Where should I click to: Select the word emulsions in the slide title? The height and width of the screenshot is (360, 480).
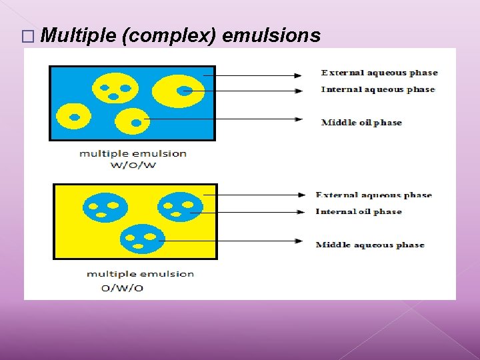click(x=271, y=36)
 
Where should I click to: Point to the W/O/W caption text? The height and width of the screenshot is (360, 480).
click(x=133, y=165)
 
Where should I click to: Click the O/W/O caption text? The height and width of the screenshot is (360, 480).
click(x=122, y=288)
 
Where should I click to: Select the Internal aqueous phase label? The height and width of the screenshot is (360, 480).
click(x=377, y=89)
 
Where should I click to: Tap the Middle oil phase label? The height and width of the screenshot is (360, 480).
click(x=361, y=122)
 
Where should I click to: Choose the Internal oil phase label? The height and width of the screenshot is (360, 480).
click(x=359, y=211)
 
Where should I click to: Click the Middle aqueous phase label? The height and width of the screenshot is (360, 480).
click(x=370, y=245)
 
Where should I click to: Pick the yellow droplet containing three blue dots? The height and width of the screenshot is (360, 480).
click(x=115, y=88)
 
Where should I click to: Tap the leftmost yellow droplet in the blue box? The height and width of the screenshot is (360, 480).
click(x=74, y=117)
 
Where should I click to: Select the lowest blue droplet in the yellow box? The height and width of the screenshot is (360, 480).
click(x=143, y=239)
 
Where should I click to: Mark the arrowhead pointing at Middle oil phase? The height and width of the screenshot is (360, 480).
click(x=299, y=119)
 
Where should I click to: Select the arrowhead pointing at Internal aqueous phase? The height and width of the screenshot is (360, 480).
click(x=299, y=90)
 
